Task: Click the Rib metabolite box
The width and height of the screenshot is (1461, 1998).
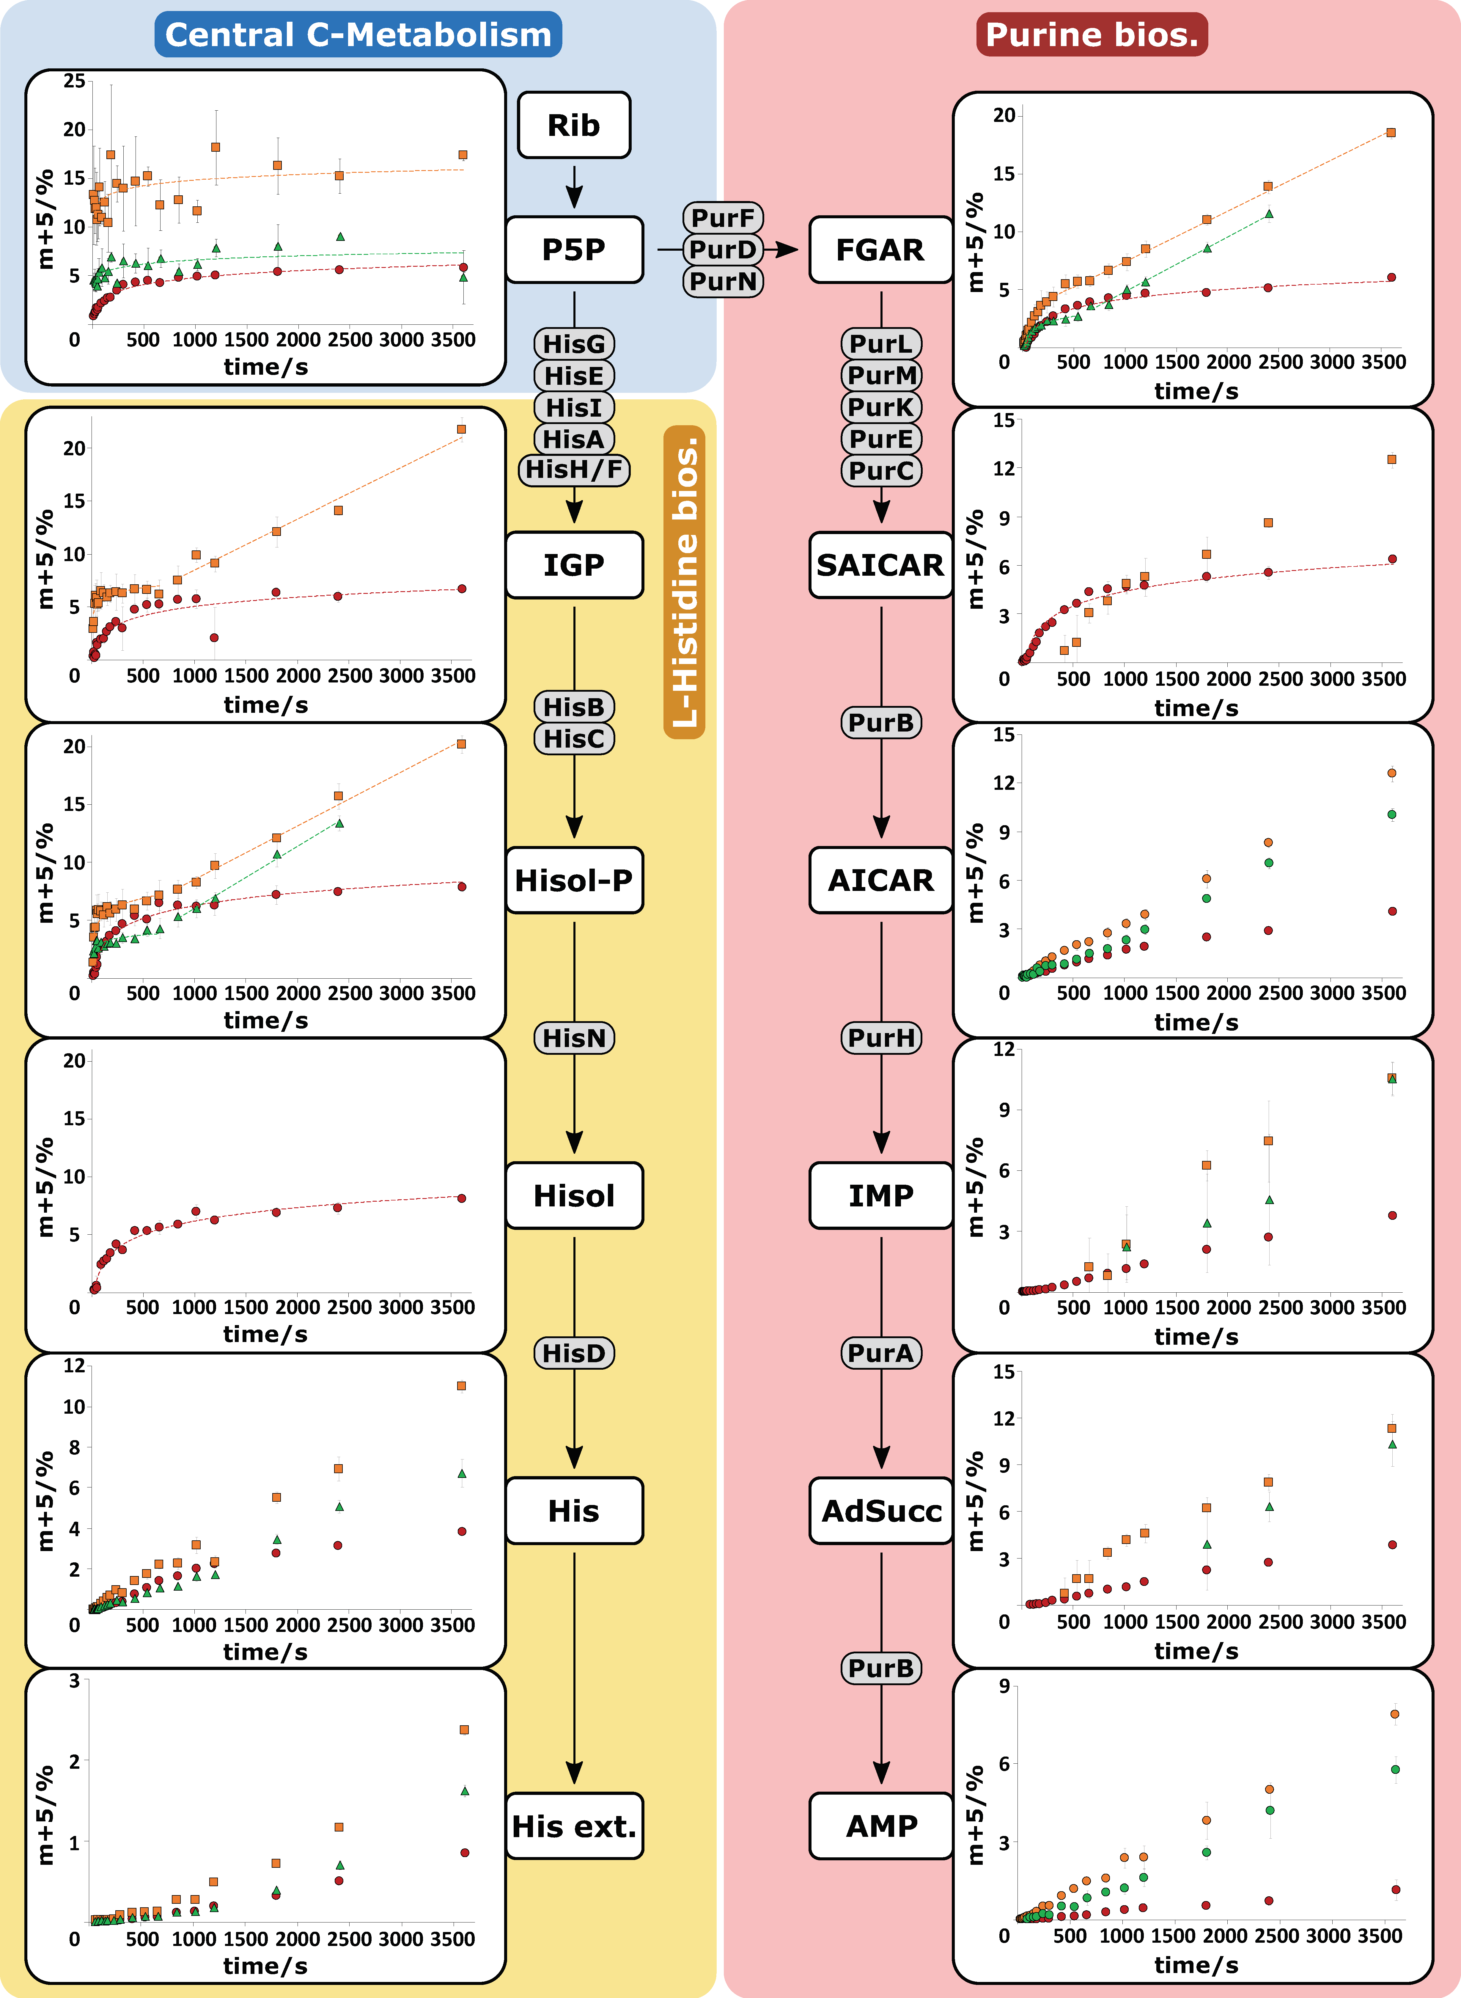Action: (574, 125)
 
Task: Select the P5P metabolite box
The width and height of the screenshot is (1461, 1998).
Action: (574, 249)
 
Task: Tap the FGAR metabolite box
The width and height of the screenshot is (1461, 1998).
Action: (880, 249)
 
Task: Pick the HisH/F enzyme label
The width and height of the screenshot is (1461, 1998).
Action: (574, 470)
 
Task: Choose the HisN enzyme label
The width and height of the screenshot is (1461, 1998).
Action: (574, 1038)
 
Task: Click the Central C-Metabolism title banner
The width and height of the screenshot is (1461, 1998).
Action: (358, 34)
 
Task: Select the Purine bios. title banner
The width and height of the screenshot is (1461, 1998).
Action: (1091, 34)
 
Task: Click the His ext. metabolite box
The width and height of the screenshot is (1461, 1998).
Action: (574, 1826)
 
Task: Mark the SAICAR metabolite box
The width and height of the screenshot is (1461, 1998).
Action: (880, 564)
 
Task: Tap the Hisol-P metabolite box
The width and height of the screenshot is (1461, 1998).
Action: (574, 880)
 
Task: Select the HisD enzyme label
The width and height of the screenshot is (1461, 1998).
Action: (574, 1353)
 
